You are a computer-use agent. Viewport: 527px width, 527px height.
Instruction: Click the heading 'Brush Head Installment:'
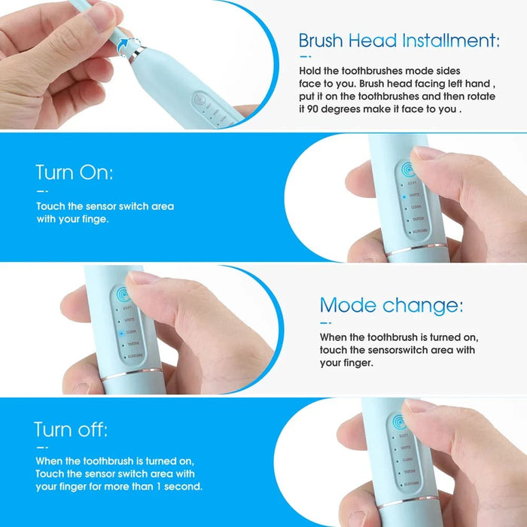[398, 40]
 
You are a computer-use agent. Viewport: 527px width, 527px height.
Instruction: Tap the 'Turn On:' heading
[74, 172]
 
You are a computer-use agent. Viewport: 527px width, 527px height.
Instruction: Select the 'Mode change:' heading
[391, 306]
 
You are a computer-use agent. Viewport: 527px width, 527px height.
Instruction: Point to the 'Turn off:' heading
[70, 430]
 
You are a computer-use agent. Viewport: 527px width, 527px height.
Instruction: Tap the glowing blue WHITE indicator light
[403, 195]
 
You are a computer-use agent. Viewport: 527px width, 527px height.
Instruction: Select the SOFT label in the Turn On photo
[412, 183]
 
